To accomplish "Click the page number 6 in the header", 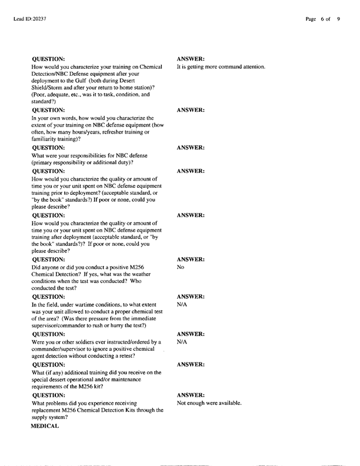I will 323,19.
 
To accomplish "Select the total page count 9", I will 338,19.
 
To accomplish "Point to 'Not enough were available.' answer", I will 209,403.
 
